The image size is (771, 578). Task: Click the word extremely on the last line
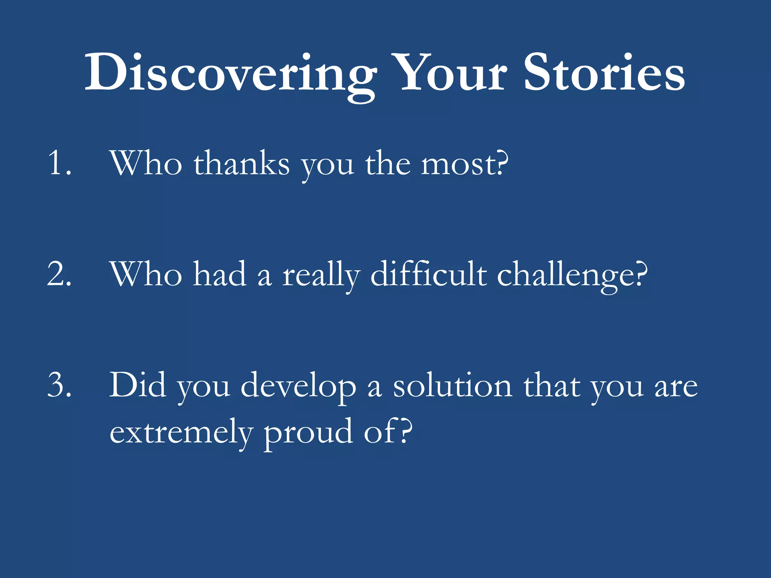(181, 432)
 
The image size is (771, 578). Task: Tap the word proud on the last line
(308, 432)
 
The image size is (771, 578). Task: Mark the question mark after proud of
(405, 431)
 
